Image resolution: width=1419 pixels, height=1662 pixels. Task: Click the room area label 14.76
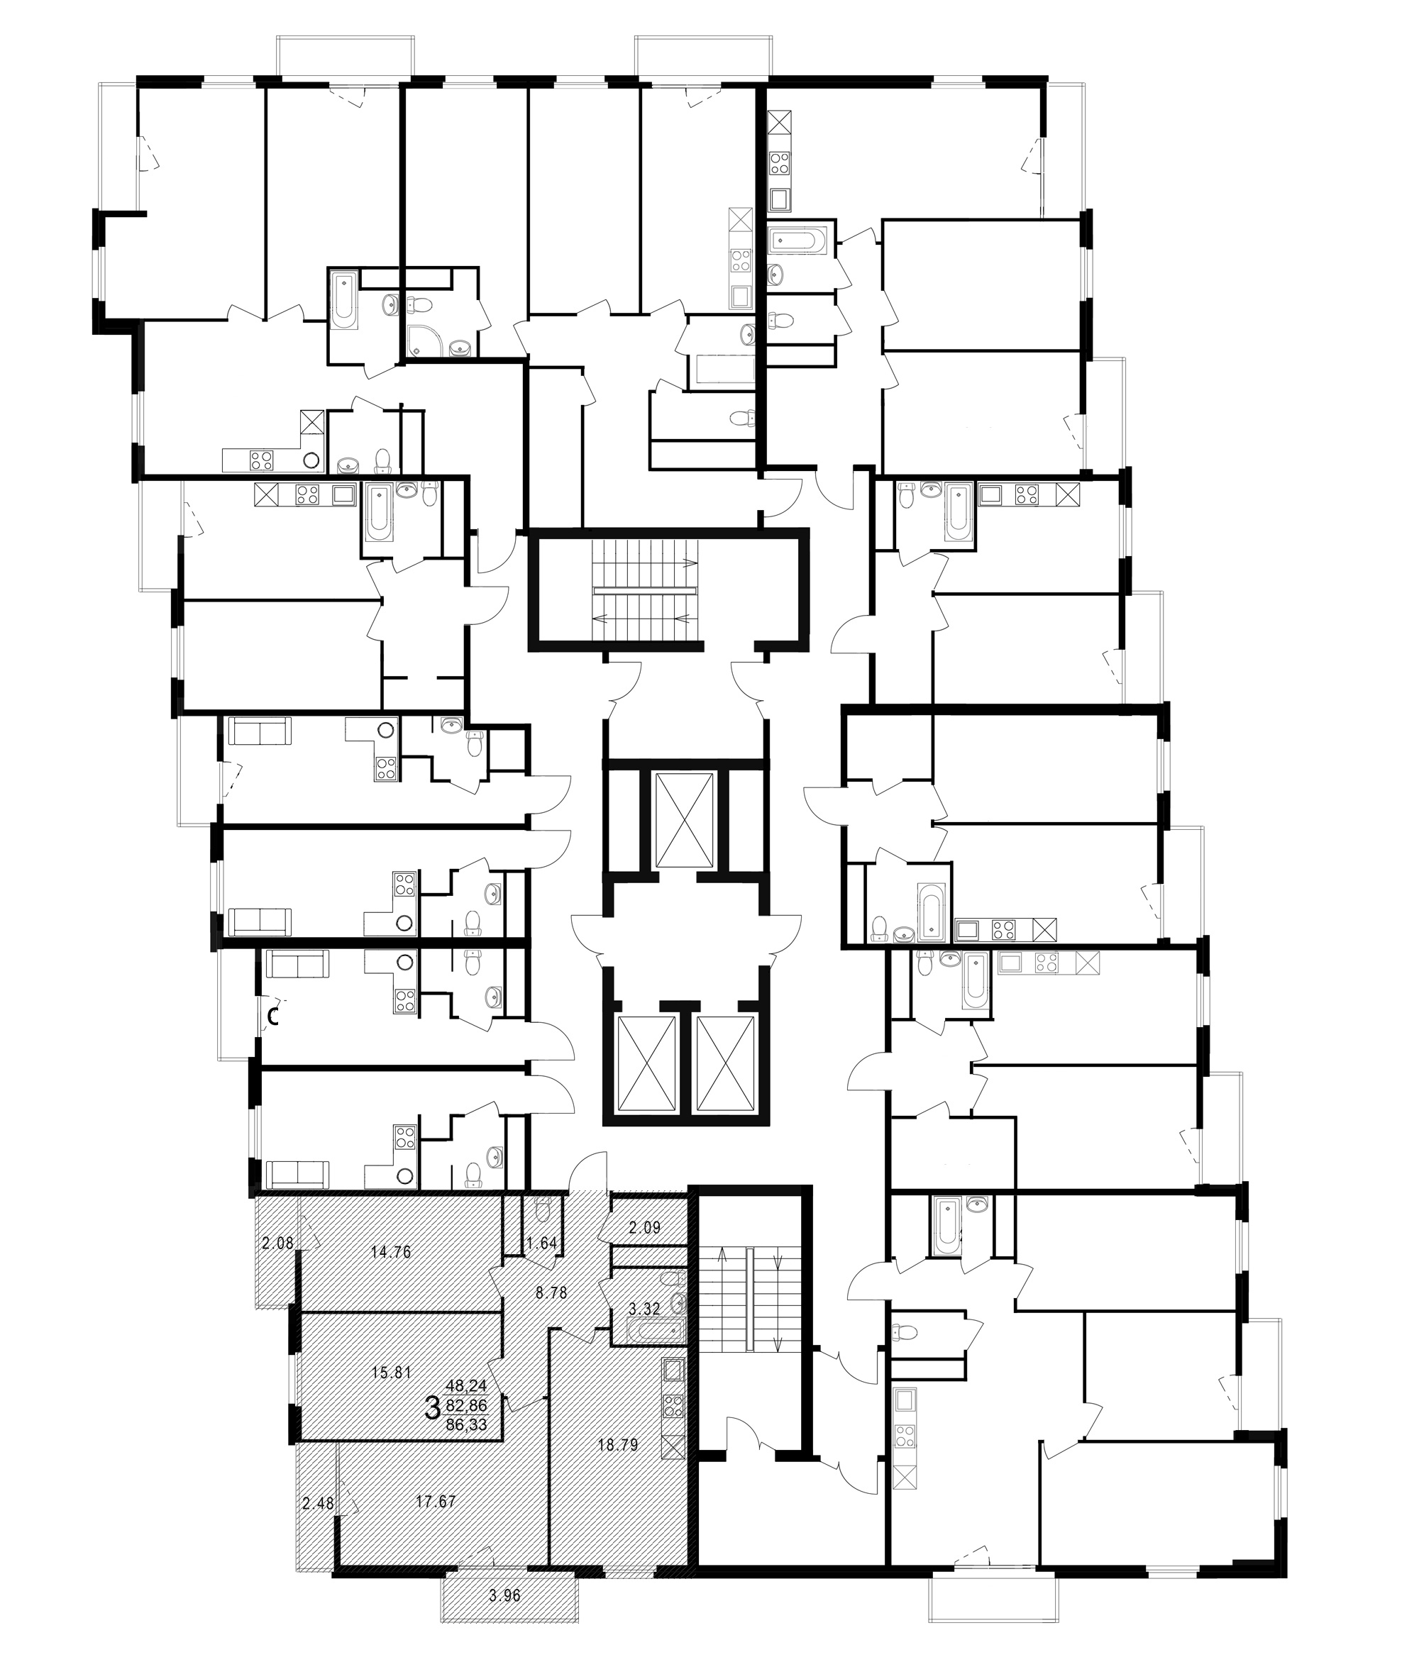pyautogui.click(x=392, y=1251)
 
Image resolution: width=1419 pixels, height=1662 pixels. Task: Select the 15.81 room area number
pyautogui.click(x=392, y=1372)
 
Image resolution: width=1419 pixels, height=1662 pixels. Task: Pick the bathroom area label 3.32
pyautogui.click(x=644, y=1309)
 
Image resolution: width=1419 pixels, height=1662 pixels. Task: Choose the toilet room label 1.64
pyautogui.click(x=541, y=1244)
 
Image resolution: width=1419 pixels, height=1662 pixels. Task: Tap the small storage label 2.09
pyautogui.click(x=644, y=1226)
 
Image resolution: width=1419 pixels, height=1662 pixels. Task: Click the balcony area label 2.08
pyautogui.click(x=277, y=1244)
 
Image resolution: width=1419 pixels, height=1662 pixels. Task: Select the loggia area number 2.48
pyautogui.click(x=319, y=1503)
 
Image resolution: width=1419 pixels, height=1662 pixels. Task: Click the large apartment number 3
pyautogui.click(x=431, y=1407)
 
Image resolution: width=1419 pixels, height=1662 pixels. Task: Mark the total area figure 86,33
pyautogui.click(x=467, y=1424)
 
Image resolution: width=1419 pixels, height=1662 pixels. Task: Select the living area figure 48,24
pyautogui.click(x=467, y=1385)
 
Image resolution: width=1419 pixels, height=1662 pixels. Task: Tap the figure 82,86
pyautogui.click(x=467, y=1405)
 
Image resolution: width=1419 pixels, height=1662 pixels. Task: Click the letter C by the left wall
pyautogui.click(x=272, y=1018)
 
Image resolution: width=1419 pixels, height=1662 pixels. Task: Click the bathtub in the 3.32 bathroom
pyautogui.click(x=656, y=1332)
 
